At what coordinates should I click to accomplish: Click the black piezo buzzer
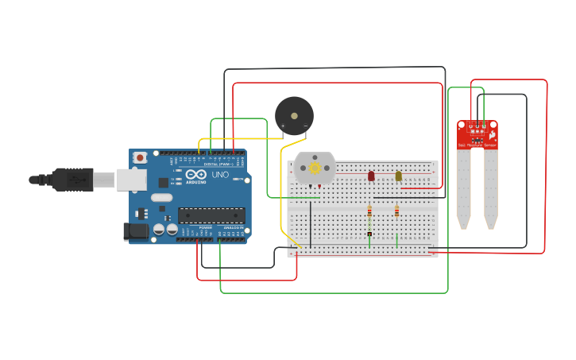click(x=294, y=116)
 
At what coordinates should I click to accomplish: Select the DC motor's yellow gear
click(x=315, y=168)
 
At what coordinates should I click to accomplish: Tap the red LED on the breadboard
click(x=371, y=176)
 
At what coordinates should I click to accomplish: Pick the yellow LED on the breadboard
click(x=399, y=176)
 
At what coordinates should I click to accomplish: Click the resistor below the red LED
click(x=369, y=211)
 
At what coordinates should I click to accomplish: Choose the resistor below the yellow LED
click(x=396, y=211)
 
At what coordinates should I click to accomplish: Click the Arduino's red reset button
click(x=140, y=158)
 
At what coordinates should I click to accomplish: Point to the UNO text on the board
click(x=220, y=174)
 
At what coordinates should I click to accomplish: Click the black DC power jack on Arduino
click(x=135, y=231)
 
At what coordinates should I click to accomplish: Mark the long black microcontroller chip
click(x=211, y=215)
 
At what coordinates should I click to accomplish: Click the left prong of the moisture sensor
click(x=463, y=187)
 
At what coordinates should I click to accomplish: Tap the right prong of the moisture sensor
click(x=491, y=187)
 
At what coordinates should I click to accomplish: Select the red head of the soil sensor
click(x=477, y=134)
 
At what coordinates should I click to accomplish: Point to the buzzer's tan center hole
click(x=295, y=115)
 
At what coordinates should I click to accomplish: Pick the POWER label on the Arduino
click(x=205, y=227)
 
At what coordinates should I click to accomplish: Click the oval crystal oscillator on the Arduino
click(x=161, y=197)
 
